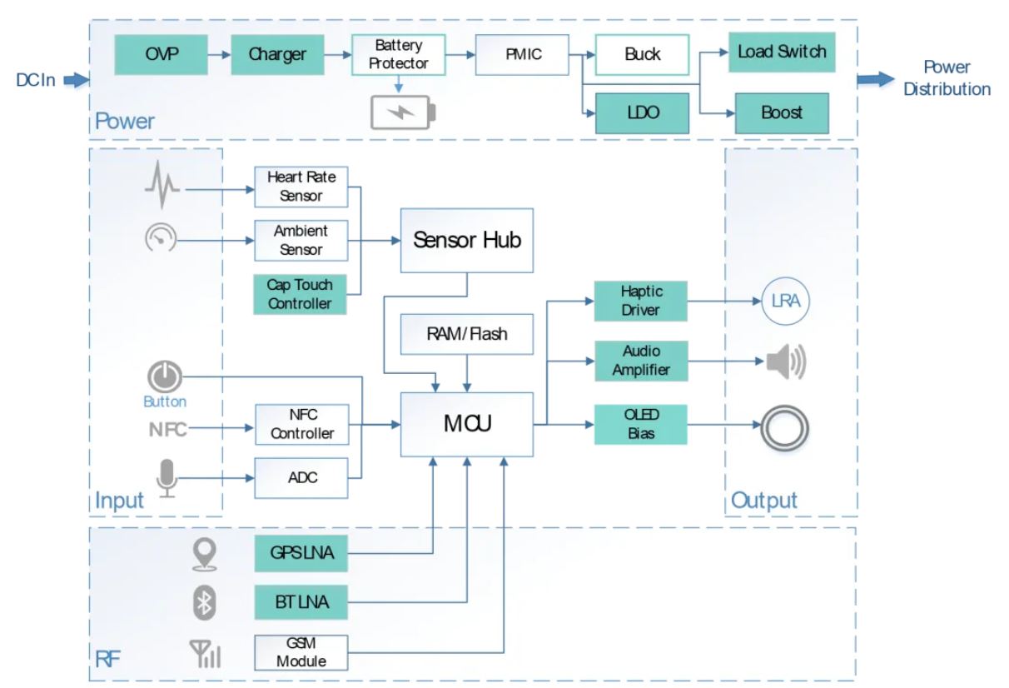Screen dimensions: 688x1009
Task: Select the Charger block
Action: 276,55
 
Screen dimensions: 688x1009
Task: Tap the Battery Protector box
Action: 399,54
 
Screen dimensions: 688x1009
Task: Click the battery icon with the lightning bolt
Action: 402,112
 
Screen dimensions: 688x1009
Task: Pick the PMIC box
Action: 522,55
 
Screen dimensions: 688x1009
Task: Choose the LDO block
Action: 642,112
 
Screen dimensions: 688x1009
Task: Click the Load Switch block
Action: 782,52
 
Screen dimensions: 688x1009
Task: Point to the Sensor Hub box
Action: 466,241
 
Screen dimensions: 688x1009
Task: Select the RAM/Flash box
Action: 466,334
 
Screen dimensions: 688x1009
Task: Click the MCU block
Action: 467,424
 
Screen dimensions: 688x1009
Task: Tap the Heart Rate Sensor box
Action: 301,187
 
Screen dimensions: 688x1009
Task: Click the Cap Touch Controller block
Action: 300,294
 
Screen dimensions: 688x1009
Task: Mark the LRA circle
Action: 785,301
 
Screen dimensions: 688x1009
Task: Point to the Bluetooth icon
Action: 204,602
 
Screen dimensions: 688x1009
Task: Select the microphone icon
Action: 167,478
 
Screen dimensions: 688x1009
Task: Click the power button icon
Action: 165,377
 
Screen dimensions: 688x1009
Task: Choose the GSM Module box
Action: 300,652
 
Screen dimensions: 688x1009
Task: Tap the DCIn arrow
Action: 76,80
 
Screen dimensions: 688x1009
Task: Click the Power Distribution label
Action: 947,78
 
